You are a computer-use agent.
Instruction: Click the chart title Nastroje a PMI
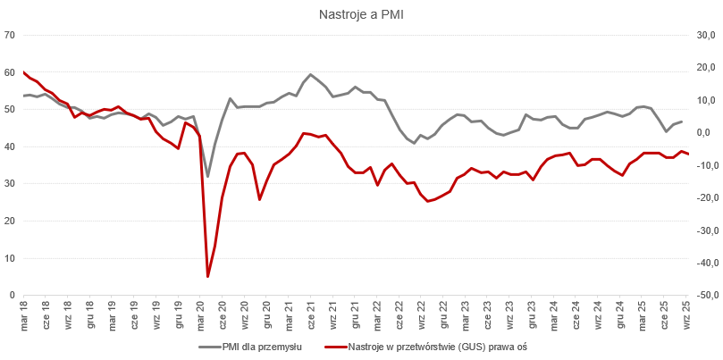point(362,14)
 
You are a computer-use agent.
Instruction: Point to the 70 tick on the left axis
point(11,36)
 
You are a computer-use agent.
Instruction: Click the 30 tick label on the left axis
point(11,184)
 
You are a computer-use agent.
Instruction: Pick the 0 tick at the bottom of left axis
point(13,295)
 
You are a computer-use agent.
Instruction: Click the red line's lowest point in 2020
point(208,276)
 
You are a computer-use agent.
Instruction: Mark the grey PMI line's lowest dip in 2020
point(208,176)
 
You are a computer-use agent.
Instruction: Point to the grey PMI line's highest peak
point(310,74)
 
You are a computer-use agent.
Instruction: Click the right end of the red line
point(688,155)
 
